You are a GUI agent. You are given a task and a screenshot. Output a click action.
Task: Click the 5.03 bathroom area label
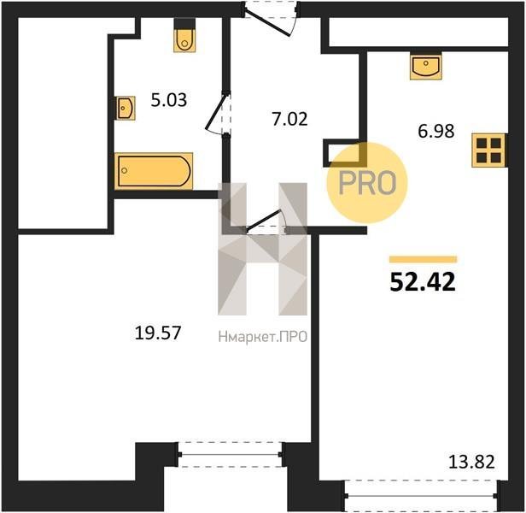click(169, 100)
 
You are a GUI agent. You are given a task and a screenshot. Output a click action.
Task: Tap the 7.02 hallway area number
click(290, 119)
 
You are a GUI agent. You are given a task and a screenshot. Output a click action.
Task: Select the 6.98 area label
click(436, 131)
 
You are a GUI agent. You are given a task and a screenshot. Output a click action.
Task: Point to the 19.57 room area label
click(158, 333)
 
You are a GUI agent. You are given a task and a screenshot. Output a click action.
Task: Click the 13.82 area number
click(471, 462)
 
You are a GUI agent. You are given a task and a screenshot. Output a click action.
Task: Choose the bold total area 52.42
click(423, 281)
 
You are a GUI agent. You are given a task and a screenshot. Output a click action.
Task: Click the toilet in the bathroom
click(184, 35)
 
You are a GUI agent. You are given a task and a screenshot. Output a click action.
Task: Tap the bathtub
click(154, 171)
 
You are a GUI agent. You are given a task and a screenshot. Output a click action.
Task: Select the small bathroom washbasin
click(126, 108)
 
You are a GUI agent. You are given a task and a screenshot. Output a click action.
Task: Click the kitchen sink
click(426, 66)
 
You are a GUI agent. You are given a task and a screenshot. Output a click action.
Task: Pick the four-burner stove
click(488, 150)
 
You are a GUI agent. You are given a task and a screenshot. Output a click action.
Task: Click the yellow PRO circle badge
click(367, 183)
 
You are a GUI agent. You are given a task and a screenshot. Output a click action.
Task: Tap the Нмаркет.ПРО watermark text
click(263, 337)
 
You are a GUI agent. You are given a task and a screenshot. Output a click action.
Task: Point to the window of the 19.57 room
click(231, 455)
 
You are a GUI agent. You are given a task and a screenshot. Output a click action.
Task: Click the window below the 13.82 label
click(422, 496)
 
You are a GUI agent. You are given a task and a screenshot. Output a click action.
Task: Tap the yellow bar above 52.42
click(423, 259)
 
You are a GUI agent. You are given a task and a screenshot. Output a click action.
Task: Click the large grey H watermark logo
click(263, 249)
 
